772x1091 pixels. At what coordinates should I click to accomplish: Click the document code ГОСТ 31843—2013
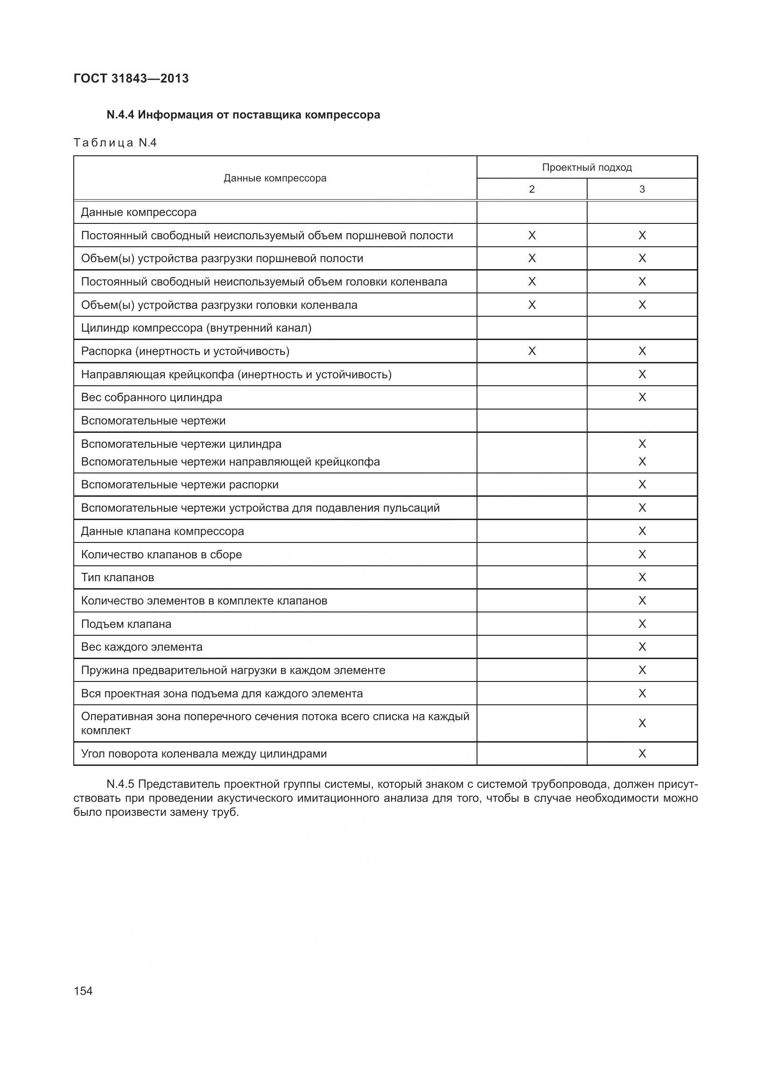[x=131, y=78]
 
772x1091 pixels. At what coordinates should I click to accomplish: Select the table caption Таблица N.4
[x=115, y=143]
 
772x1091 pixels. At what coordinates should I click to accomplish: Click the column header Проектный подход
[x=587, y=167]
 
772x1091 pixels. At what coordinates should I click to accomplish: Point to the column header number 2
[x=532, y=189]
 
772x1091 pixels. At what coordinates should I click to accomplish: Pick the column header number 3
[x=642, y=189]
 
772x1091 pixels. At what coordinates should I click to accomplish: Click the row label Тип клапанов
[x=118, y=577]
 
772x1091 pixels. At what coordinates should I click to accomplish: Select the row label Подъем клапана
[x=126, y=624]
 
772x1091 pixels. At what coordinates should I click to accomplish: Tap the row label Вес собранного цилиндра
[x=152, y=397]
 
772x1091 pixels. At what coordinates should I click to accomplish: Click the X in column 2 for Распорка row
[x=532, y=351]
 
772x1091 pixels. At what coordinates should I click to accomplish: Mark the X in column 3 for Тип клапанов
[x=642, y=577]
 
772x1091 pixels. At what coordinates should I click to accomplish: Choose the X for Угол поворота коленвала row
[x=642, y=753]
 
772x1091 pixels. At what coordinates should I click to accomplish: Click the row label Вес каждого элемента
[x=142, y=646]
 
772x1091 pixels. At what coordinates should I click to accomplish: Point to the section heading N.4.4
[x=243, y=115]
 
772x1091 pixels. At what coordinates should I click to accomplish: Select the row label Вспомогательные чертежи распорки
[x=180, y=485]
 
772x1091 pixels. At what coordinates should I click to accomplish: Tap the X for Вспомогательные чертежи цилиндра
[x=642, y=444]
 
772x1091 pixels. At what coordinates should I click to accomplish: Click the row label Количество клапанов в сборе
[x=161, y=555]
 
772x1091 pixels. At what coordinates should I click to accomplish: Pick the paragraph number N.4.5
[x=121, y=784]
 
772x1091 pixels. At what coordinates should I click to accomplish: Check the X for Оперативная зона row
[x=642, y=723]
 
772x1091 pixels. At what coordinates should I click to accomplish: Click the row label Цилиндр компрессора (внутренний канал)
[x=197, y=328]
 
